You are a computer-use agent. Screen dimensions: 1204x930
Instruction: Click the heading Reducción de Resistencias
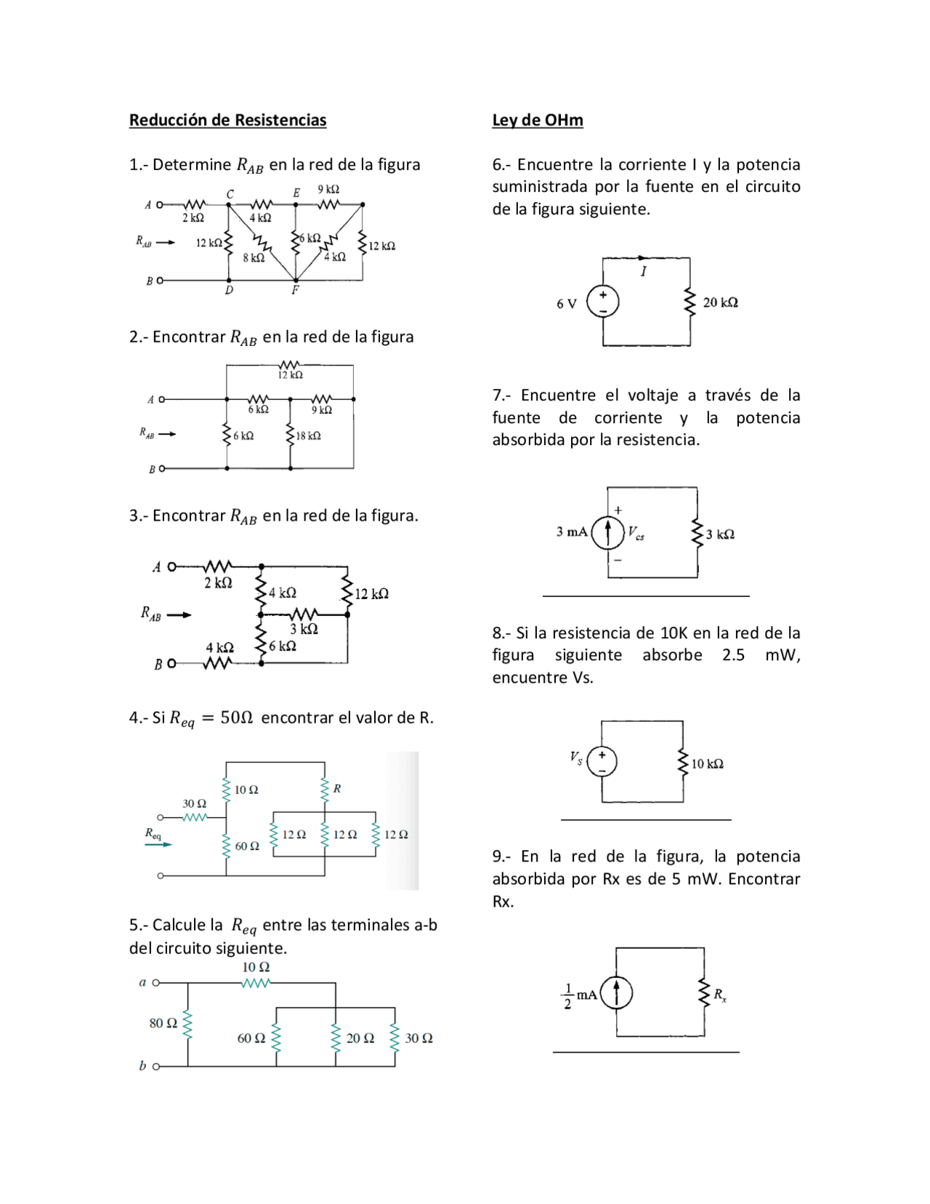(x=227, y=120)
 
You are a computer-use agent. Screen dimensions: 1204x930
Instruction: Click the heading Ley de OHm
(x=537, y=120)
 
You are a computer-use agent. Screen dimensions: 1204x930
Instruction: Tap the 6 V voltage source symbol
(x=602, y=302)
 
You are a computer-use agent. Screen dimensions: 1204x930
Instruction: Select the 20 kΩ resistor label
(x=720, y=302)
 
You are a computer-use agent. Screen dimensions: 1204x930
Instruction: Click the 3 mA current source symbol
(x=607, y=532)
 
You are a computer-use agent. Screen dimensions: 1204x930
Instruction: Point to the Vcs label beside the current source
(x=636, y=532)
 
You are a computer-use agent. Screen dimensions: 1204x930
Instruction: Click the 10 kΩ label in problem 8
(x=707, y=763)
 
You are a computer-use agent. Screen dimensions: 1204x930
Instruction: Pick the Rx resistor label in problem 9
(x=719, y=995)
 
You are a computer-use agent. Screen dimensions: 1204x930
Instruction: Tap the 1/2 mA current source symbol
(x=616, y=993)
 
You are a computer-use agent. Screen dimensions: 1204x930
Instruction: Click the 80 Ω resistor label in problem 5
(x=163, y=1023)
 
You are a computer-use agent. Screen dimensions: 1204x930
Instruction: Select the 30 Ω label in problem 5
(x=418, y=1038)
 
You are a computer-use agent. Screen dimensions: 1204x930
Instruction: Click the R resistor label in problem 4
(x=337, y=788)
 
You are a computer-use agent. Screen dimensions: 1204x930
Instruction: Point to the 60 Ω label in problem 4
(x=247, y=846)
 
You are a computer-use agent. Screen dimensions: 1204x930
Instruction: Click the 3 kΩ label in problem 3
(x=304, y=629)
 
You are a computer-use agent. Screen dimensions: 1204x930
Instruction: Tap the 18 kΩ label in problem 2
(x=308, y=436)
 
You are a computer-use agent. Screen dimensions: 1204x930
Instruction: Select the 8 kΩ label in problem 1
(x=254, y=257)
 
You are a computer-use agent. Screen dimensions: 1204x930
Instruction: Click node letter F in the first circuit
(x=295, y=290)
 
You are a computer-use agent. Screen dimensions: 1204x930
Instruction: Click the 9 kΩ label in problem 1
(x=328, y=189)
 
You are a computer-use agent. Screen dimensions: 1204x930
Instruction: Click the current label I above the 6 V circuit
(x=643, y=271)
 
